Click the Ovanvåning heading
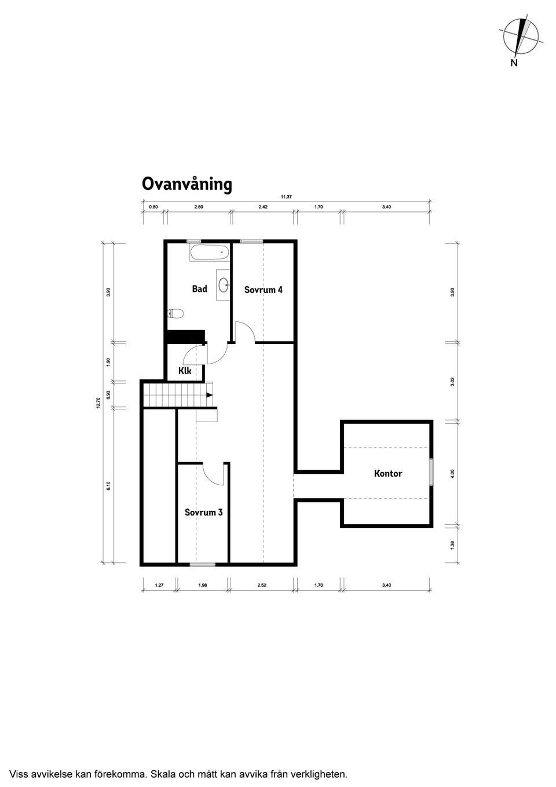coord(186,184)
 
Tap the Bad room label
coord(199,288)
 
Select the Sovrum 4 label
coord(263,290)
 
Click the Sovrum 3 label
coord(203,512)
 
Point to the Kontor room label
coord(387,473)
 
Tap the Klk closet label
coord(184,371)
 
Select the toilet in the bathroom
coord(175,314)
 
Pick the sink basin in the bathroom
coord(224,284)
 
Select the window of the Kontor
coord(430,471)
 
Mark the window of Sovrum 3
coord(202,563)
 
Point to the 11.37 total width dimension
coord(286,197)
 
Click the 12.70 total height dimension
coord(98,402)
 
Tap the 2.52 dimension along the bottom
coord(261,585)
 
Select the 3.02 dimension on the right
coord(453,382)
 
